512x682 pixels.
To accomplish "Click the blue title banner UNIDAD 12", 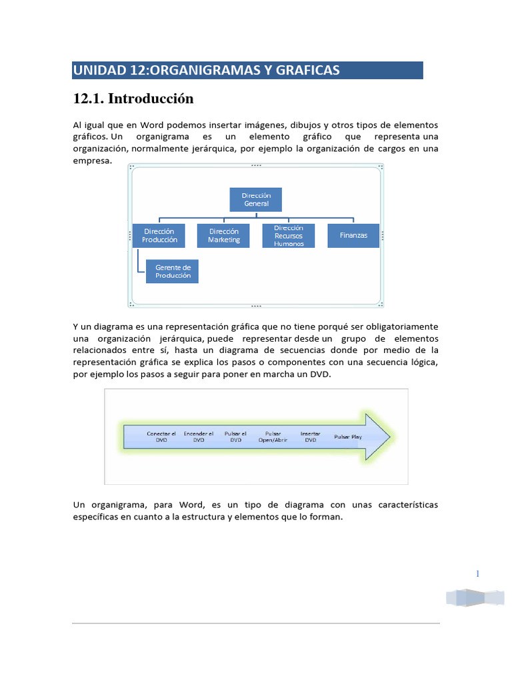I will (x=247, y=70).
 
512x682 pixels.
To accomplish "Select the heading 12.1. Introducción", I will (x=133, y=99).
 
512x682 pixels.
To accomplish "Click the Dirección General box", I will (x=255, y=200).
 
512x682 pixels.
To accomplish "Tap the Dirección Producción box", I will (x=159, y=235).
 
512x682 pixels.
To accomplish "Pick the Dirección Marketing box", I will (x=223, y=235).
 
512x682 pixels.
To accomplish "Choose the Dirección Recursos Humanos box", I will (x=288, y=235).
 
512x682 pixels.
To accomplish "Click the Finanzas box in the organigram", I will (x=353, y=235).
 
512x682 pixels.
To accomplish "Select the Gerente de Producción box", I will (x=172, y=271).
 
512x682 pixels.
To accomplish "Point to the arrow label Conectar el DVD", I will (x=161, y=436).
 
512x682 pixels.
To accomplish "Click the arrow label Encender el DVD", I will (x=199, y=436).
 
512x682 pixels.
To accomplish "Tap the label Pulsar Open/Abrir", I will (x=273, y=436).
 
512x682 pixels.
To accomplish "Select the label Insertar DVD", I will (x=311, y=436).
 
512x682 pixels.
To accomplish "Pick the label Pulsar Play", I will (x=348, y=437).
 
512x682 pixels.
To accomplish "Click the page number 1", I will (x=478, y=574).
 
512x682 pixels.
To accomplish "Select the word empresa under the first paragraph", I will (x=91, y=161).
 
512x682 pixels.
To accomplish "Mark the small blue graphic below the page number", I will (x=475, y=597).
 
